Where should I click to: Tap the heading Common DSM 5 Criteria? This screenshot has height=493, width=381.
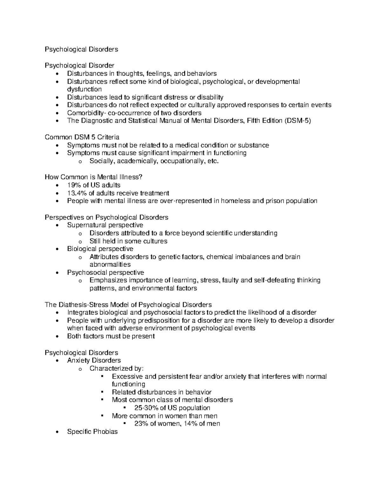pos(82,137)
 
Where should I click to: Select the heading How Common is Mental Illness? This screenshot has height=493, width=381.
pos(96,177)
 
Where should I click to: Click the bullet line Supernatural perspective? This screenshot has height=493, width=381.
pos(105,225)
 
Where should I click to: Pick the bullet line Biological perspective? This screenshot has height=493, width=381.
pos(100,249)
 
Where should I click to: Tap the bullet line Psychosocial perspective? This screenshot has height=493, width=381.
pos(105,273)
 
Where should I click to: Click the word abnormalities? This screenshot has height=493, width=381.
pos(110,264)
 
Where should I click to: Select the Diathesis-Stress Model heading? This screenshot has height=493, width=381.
pos(128,305)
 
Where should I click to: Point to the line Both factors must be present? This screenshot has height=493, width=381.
pos(111,336)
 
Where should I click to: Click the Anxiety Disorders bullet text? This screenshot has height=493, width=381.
pos(94,360)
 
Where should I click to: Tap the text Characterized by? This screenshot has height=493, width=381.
pos(117,369)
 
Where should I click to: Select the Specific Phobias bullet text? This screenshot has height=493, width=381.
pos(92,432)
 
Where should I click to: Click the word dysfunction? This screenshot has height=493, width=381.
pos(84,90)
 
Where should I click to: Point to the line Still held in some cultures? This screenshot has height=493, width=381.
pos(128,241)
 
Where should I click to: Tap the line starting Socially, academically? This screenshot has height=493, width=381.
pos(154,161)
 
